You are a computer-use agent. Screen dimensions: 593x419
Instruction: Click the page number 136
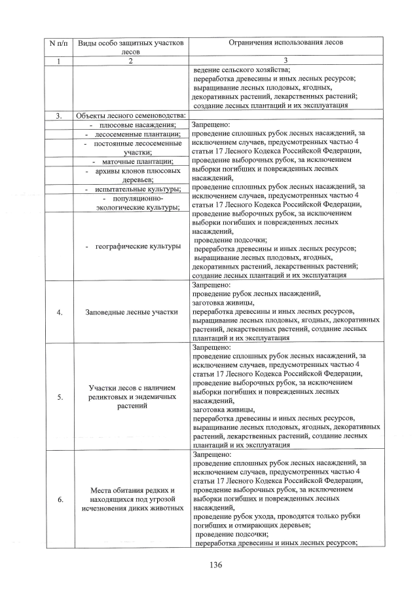coord(209,564)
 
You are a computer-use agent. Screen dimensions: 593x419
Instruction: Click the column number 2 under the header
coord(131,61)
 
